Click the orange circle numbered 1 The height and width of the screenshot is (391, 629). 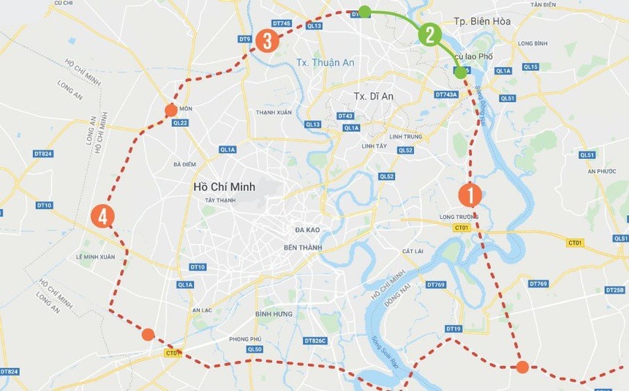[x=470, y=195]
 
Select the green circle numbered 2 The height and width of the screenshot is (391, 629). [x=429, y=34]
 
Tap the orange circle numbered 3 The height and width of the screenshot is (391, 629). [x=267, y=41]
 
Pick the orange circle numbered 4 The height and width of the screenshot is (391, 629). [x=103, y=217]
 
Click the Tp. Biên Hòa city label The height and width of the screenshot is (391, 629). [x=481, y=21]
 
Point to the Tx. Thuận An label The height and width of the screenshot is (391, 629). [x=325, y=62]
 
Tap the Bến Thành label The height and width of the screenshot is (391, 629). [x=303, y=247]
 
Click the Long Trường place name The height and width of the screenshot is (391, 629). [x=459, y=217]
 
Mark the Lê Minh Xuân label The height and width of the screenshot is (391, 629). [x=96, y=257]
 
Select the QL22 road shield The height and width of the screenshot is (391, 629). [x=180, y=123]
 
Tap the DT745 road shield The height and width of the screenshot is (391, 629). [x=282, y=23]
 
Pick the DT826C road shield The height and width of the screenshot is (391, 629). [x=314, y=340]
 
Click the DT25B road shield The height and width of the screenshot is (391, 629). [x=614, y=290]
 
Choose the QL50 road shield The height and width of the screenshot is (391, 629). [x=255, y=349]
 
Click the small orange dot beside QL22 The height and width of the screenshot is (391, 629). [x=171, y=110]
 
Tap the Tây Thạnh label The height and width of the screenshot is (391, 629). [x=219, y=200]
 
